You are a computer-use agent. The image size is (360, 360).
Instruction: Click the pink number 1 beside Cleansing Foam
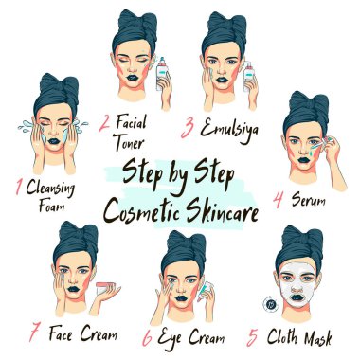click(19, 187)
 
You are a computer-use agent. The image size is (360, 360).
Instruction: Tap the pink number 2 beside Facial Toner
click(104, 124)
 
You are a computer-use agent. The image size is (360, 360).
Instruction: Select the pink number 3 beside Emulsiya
click(189, 129)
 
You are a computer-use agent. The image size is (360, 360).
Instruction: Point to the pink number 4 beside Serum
click(279, 200)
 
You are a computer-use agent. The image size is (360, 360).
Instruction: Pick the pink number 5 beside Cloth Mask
click(253, 337)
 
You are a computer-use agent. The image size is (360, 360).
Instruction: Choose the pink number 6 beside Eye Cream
click(148, 338)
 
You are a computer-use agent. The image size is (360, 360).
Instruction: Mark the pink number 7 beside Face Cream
click(35, 333)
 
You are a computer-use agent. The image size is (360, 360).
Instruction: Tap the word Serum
click(308, 199)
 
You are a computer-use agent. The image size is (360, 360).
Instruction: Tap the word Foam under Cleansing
click(51, 206)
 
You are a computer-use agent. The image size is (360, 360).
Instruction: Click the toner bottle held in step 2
click(162, 74)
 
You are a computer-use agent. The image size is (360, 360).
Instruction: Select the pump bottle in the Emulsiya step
click(248, 76)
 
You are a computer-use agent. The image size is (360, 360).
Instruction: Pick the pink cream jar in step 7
click(106, 288)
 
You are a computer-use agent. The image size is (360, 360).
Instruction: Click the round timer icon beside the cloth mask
click(270, 305)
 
